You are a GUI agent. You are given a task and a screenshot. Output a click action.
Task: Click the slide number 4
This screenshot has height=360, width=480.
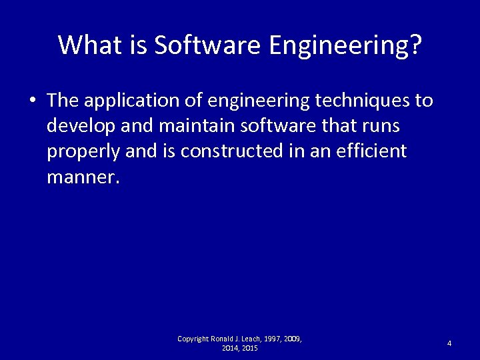449,343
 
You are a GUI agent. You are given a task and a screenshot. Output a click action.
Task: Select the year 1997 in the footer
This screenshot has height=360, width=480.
273,339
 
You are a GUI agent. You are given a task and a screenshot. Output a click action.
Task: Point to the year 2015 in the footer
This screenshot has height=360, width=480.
249,349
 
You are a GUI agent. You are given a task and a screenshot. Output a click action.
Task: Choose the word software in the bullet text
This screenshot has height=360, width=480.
267,127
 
